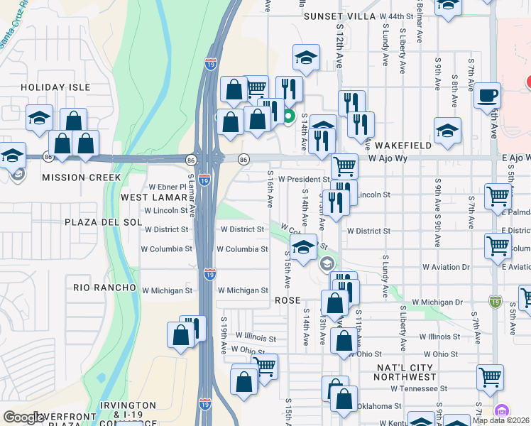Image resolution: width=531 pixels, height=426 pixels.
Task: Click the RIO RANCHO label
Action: tap(104, 287)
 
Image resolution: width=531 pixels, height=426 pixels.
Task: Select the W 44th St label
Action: tap(395, 16)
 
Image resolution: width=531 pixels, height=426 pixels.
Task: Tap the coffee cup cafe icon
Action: tap(487, 94)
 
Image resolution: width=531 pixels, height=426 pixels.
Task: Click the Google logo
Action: tap(23, 417)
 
